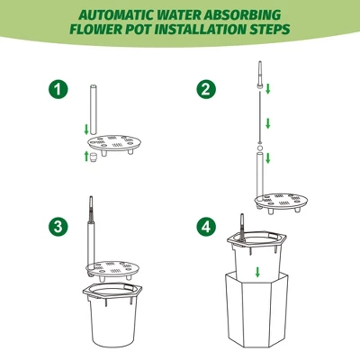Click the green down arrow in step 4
257,271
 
